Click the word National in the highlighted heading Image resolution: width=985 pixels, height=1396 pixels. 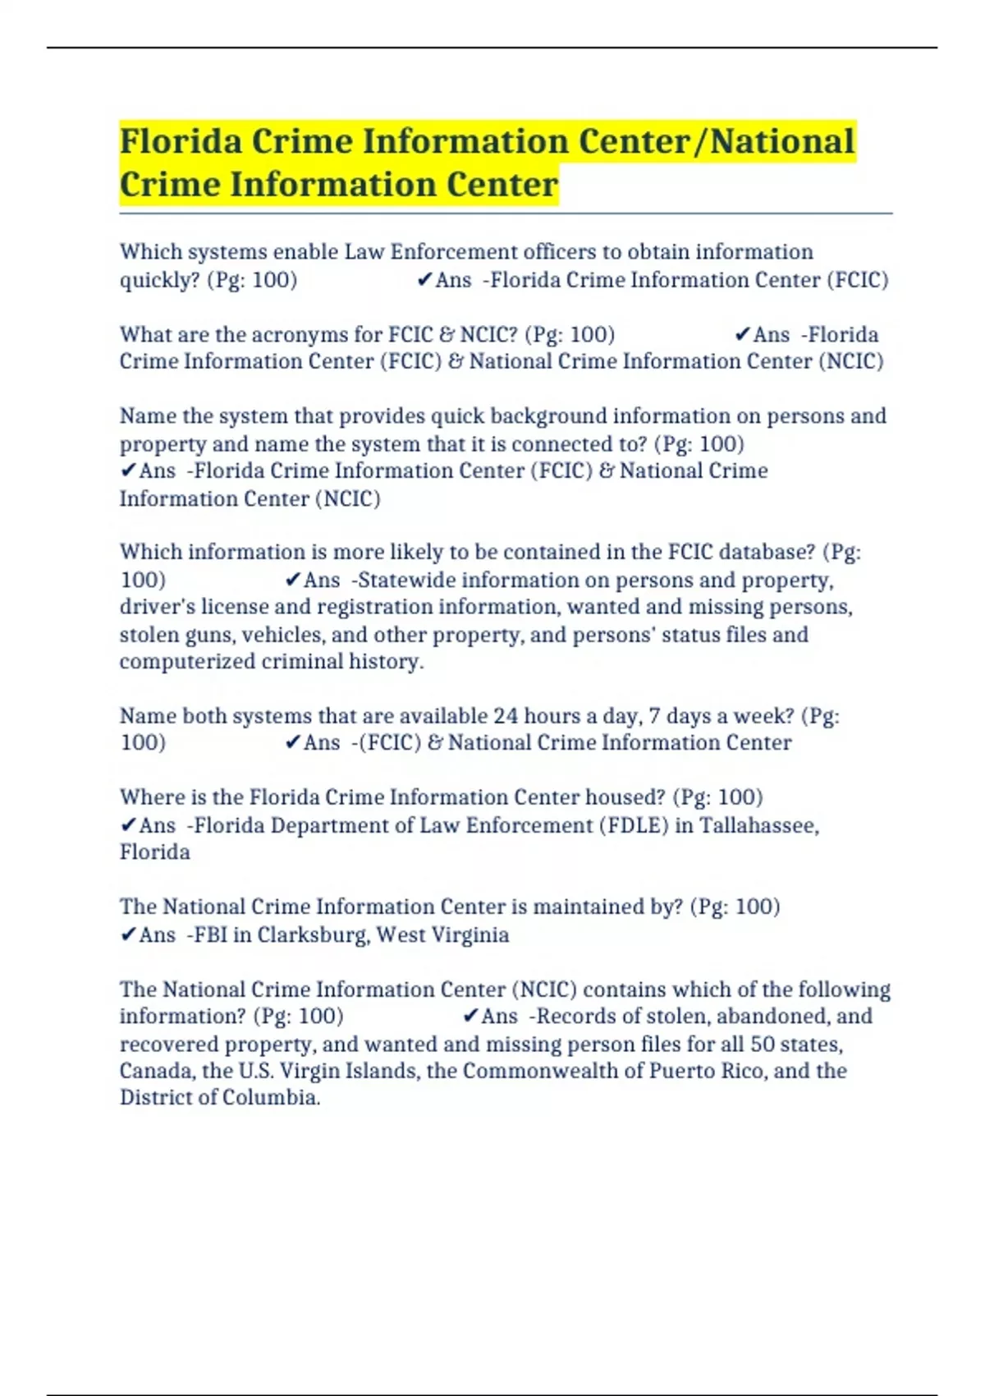click(x=782, y=141)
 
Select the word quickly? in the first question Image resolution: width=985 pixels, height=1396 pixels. click(x=160, y=280)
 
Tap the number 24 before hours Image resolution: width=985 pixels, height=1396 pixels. click(x=506, y=716)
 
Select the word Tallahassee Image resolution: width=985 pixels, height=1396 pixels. click(x=758, y=825)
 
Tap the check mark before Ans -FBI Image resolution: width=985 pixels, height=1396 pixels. click(x=127, y=934)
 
